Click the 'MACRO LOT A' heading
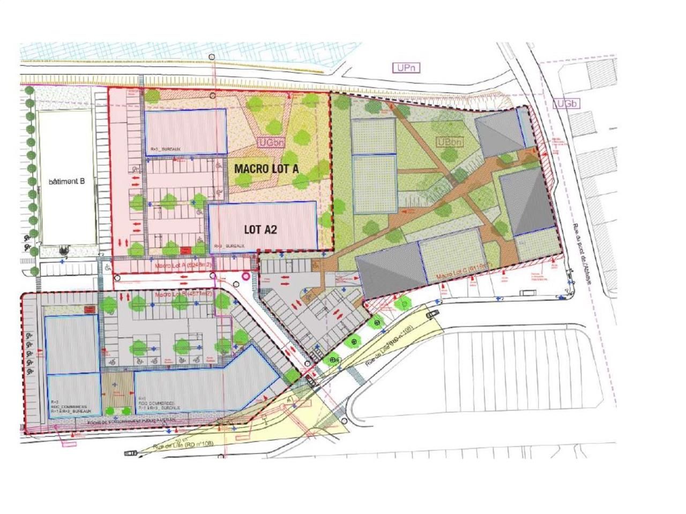[x=266, y=168]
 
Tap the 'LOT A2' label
[x=260, y=229]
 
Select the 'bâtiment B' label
[x=67, y=182]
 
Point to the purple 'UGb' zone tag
[x=566, y=103]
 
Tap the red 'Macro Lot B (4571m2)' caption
[x=183, y=294]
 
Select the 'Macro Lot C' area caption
[x=464, y=272]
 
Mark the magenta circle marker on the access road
[x=247, y=276]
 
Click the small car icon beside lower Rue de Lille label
[x=130, y=453]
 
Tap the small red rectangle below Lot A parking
[x=186, y=249]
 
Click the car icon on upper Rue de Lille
[x=431, y=314]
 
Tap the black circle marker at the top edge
[x=213, y=57]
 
